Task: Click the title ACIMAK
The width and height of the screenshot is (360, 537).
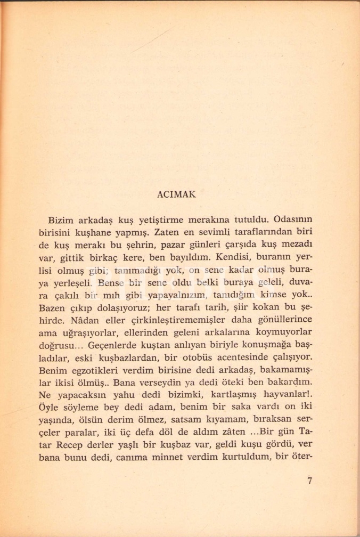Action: coord(177,194)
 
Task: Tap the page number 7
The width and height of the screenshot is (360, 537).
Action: coord(310,481)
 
